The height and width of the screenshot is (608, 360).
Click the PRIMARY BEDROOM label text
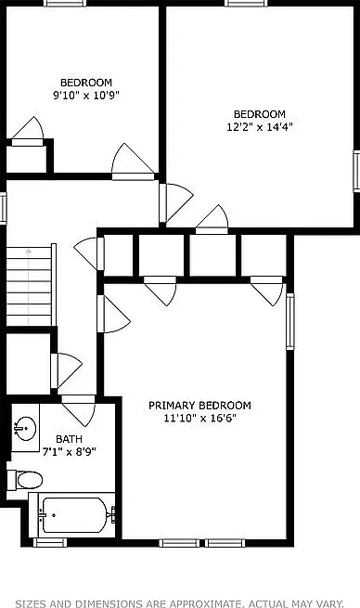coord(199,406)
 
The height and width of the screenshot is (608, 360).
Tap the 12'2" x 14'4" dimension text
coord(259,127)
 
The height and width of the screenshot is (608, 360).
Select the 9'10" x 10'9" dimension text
coord(86,95)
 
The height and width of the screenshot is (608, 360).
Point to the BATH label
coord(69,439)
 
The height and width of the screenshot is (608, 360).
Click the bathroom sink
coord(25,428)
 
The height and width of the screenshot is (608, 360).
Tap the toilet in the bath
coord(25,480)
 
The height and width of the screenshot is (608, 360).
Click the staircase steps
coord(29,287)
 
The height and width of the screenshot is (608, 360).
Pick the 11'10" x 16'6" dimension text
coord(200,419)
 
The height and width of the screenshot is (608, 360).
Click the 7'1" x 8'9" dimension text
coord(69,452)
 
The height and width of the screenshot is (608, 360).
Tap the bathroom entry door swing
coord(79,410)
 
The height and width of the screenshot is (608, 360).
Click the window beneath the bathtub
coord(50,542)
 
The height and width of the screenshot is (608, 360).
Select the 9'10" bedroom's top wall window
coord(65,3)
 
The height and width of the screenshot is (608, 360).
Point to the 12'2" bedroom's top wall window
coord(246,3)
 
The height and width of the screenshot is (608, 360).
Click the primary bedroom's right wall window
coord(289,322)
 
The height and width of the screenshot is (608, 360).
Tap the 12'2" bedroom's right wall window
coord(356,171)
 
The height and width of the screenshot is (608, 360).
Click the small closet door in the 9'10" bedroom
coord(28,132)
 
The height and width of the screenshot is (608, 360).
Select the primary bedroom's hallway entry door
coord(113,314)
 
